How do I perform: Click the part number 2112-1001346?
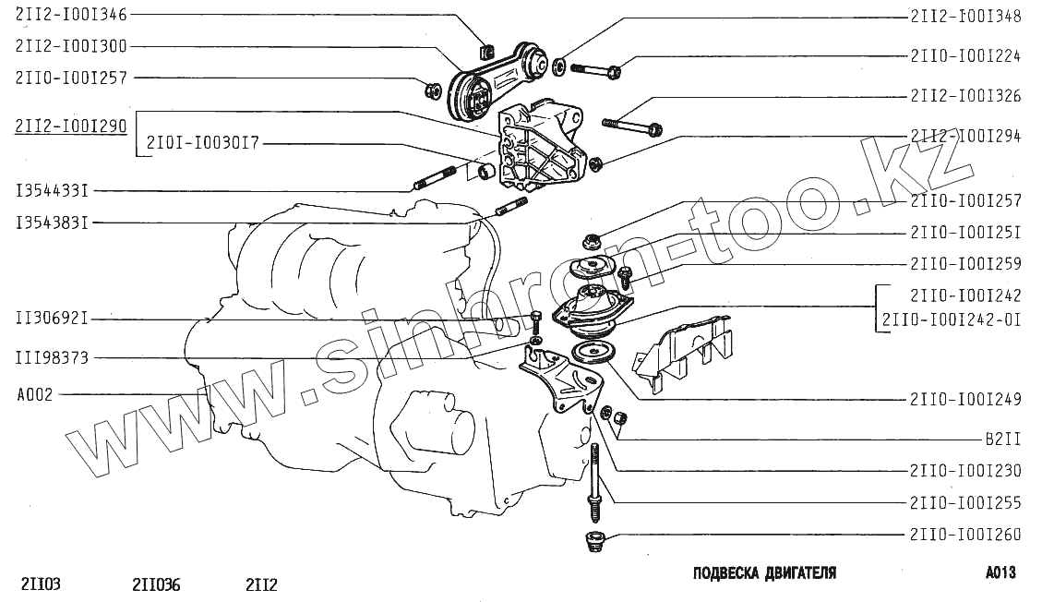click(71, 15)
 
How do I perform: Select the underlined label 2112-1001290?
click(71, 126)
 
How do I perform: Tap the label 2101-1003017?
click(203, 143)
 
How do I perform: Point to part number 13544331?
click(52, 191)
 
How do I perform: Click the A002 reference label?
click(34, 395)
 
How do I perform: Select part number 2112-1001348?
click(965, 17)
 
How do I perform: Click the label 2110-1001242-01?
click(952, 320)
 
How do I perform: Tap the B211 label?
click(1002, 439)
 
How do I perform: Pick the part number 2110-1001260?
click(965, 535)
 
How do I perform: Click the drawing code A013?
click(1000, 572)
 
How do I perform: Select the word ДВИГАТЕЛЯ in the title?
click(800, 572)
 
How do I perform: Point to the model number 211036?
click(156, 584)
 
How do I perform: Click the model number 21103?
click(42, 584)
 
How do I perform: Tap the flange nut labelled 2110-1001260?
click(594, 541)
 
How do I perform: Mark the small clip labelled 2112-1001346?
click(486, 51)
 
